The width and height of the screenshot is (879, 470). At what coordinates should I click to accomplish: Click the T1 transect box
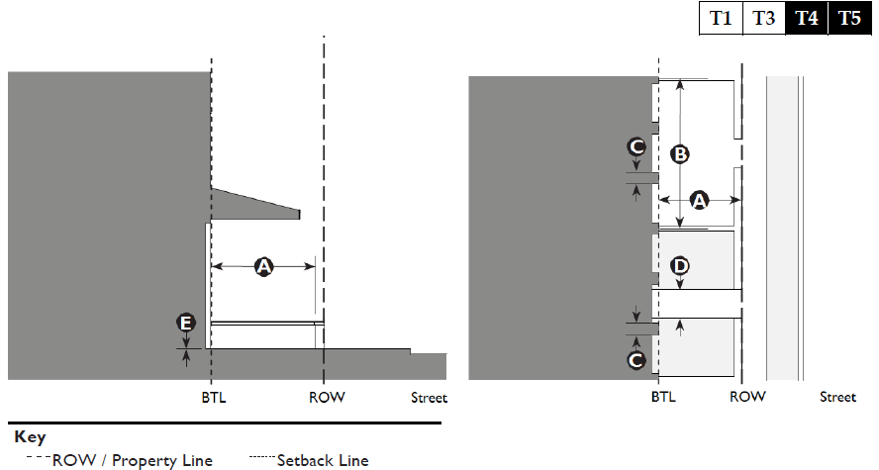(721, 19)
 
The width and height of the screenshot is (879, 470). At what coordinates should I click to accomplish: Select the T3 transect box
(763, 19)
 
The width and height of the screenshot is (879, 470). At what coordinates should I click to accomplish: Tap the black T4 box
(807, 19)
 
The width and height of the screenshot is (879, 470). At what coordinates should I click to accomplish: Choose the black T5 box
(849, 19)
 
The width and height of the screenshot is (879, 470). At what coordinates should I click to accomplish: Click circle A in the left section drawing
(263, 265)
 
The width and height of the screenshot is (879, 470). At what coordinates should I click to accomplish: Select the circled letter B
(680, 154)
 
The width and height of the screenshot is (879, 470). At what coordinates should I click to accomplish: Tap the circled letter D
(680, 266)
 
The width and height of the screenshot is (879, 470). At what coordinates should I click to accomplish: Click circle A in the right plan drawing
(699, 201)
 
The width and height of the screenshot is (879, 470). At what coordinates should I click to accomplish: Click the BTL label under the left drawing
(212, 398)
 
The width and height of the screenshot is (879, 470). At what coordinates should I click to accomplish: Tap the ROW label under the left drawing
(326, 398)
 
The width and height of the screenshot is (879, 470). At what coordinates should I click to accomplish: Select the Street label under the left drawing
(430, 398)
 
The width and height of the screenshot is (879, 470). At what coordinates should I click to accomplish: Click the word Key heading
(30, 436)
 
